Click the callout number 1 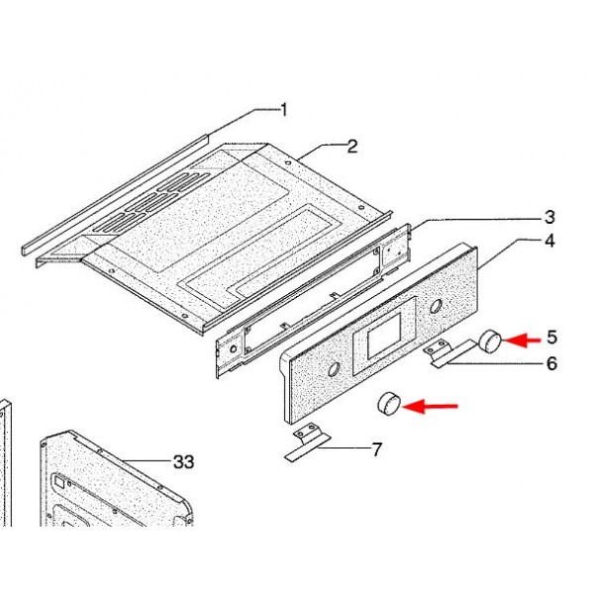pos(283,110)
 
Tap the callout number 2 pos(352,147)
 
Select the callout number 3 pos(549,217)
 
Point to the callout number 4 pos(550,241)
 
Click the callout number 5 pos(552,338)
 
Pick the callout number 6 pos(552,363)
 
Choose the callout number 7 pos(376,449)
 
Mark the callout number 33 pos(184,461)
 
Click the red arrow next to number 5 pos(522,341)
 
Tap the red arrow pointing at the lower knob pos(430,407)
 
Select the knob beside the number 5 pos(490,341)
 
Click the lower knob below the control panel pos(389,404)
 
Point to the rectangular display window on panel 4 pos(384,336)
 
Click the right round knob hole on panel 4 pos(436,306)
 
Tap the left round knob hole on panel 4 pos(335,368)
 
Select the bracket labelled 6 pos(447,353)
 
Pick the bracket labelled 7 pos(307,443)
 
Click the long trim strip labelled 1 pos(114,195)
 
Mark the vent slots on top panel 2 pos(151,203)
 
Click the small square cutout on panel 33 pos(59,482)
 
